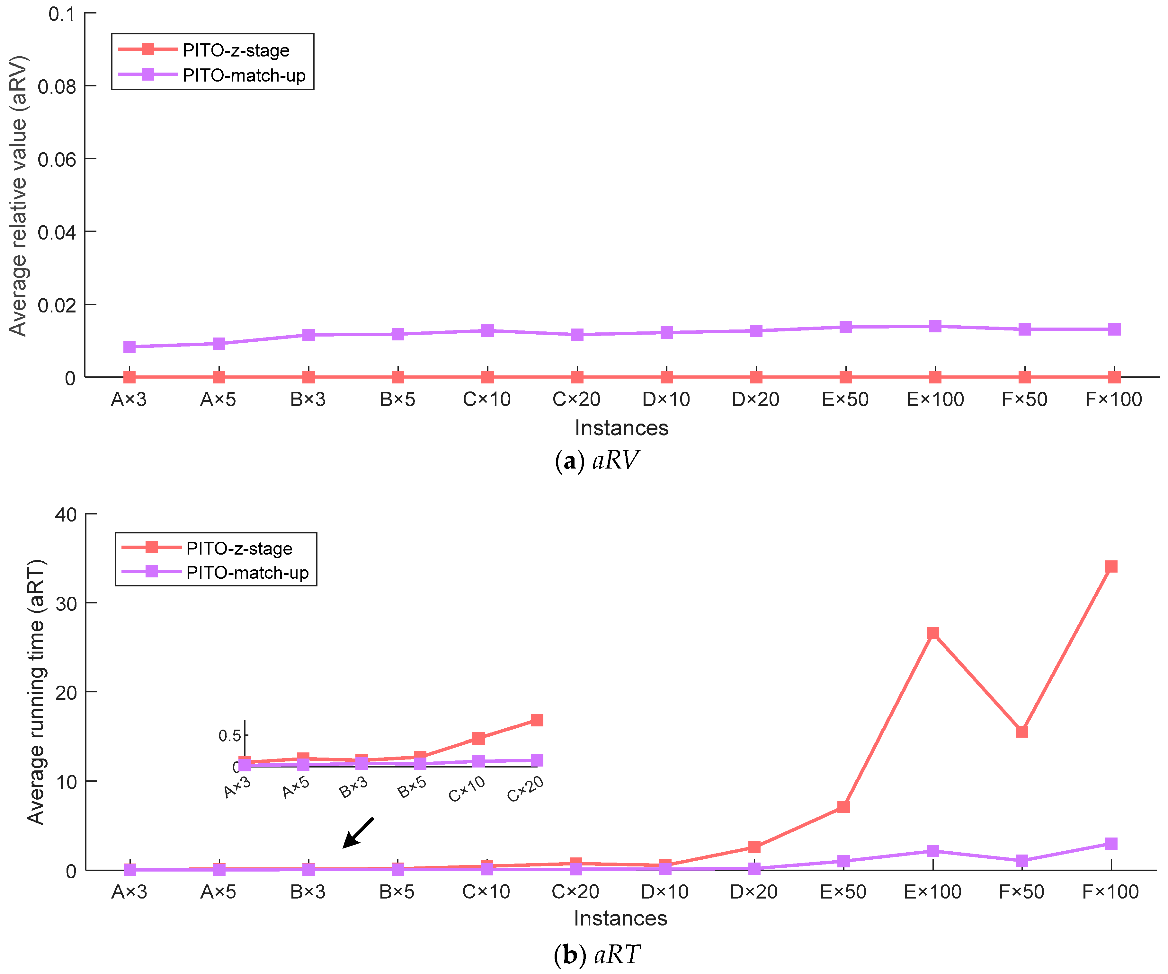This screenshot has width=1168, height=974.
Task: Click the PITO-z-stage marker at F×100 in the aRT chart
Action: click(1111, 566)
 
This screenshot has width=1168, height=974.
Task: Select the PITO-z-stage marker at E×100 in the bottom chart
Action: click(933, 633)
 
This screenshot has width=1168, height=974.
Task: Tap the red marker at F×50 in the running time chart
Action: click(1022, 732)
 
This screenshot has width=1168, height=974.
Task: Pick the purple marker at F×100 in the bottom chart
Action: click(1111, 843)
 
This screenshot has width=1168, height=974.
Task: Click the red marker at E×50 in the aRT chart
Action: click(843, 807)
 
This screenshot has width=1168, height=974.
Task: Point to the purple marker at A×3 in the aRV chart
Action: click(129, 347)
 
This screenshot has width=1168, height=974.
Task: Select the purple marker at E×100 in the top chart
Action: click(935, 326)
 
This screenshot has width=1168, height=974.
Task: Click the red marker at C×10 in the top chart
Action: click(487, 377)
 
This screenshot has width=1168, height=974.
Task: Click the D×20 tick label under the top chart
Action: click(755, 399)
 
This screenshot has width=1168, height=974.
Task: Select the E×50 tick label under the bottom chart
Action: click(843, 892)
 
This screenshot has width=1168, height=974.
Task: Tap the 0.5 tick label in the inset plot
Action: click(229, 735)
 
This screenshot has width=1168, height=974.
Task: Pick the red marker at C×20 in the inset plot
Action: click(537, 720)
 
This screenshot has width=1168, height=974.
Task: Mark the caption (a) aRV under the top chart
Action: click(597, 460)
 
